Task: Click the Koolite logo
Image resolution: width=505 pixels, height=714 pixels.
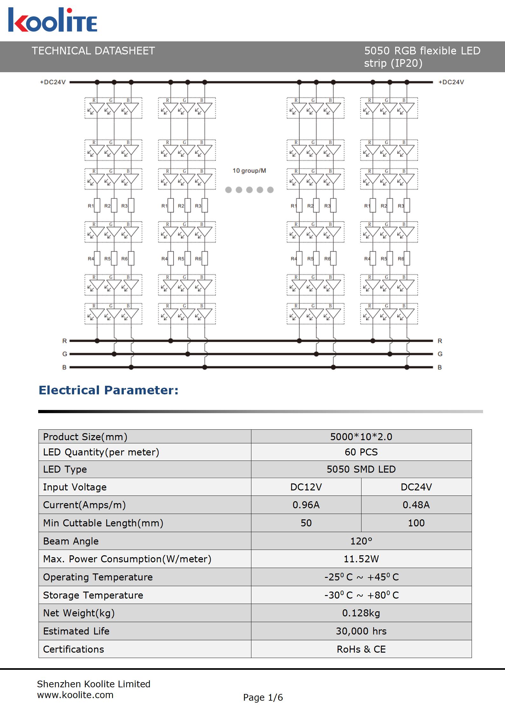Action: point(53,20)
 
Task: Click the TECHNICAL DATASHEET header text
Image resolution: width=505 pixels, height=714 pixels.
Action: point(93,51)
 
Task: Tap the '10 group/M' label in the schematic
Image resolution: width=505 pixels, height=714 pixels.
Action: point(249,171)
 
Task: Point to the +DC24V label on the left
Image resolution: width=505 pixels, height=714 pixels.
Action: point(53,82)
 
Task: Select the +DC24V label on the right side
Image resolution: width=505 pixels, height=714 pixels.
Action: point(451,82)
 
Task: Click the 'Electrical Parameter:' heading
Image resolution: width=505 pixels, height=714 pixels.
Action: point(109,390)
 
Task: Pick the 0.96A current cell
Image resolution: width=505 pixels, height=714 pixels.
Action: point(306,505)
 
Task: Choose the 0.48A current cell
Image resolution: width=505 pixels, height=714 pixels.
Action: point(416,505)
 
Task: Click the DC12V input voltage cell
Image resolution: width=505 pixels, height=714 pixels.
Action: point(306,487)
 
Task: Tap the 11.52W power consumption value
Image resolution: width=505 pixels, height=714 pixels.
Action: point(361,559)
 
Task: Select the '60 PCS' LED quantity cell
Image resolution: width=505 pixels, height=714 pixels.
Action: point(361,452)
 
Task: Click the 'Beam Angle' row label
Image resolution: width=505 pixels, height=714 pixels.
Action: point(71,541)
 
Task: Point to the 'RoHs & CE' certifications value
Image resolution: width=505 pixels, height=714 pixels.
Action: point(361,649)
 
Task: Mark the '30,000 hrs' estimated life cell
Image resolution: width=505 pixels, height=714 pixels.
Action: point(361,631)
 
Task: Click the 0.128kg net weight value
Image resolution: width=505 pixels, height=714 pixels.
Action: point(361,613)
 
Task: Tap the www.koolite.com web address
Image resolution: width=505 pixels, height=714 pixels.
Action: point(75,695)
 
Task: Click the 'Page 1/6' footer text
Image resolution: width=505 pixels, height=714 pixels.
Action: point(263,697)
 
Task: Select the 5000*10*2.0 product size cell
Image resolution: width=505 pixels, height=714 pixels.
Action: point(361,437)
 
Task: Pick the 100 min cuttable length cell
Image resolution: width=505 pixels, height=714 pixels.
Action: point(416,523)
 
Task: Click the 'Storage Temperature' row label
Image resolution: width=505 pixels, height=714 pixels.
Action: point(93,595)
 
